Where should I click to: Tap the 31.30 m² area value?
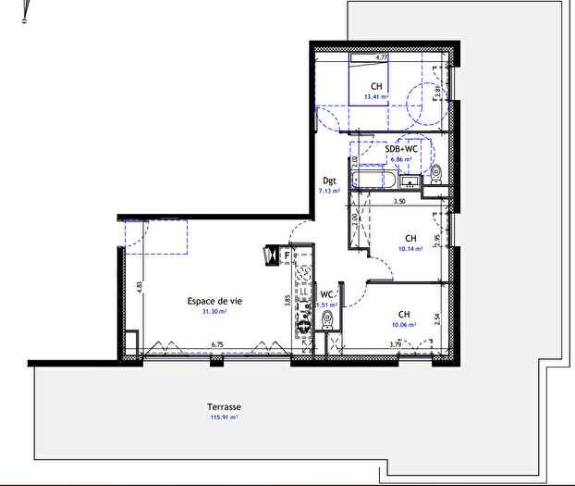point(214,313)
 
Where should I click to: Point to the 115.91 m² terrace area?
point(226,418)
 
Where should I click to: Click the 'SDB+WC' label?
point(402,148)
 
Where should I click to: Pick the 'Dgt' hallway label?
point(329,181)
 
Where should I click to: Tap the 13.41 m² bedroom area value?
point(375,96)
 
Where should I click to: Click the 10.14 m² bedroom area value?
point(411,248)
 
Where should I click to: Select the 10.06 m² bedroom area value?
point(404,325)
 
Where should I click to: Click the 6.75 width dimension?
point(217,345)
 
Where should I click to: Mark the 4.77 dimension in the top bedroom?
point(380,57)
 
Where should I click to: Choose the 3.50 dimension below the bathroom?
point(399,201)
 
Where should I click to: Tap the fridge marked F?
point(287,255)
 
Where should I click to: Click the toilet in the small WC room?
point(327,320)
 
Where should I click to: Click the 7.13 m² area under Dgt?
point(330,191)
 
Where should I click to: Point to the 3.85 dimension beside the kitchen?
point(288,300)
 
